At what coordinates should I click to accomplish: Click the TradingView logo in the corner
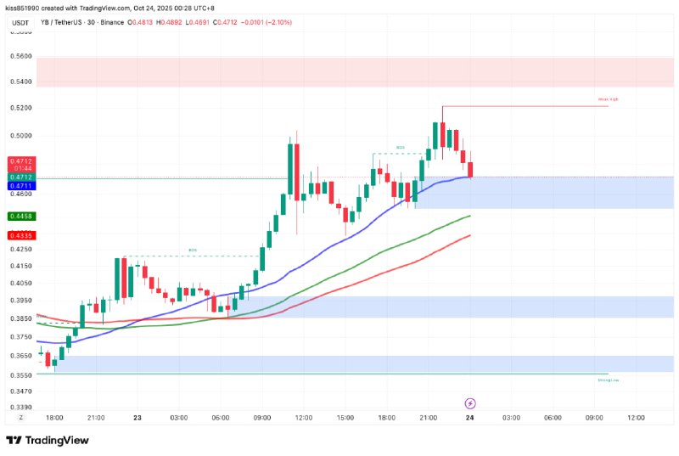49,440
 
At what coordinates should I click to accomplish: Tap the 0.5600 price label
20,56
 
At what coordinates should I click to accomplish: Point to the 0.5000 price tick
20,135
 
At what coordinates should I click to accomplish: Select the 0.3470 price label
20,391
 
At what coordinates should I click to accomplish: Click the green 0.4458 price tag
20,217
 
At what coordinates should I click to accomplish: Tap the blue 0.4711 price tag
20,185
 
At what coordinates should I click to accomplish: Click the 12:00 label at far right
636,418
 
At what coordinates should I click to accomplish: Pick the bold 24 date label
469,418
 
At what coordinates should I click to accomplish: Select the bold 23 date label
137,418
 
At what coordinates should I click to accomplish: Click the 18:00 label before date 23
54,418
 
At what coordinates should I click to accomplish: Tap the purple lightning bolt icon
471,403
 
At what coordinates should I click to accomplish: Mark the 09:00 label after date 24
594,418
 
